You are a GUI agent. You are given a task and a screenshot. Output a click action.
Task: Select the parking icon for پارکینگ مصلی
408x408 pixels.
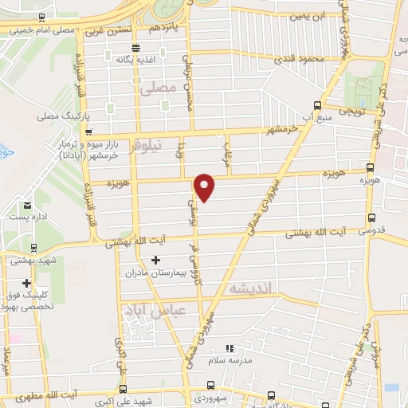click(92, 116)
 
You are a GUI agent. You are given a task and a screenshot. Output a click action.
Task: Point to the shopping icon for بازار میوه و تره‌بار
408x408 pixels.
click(88, 134)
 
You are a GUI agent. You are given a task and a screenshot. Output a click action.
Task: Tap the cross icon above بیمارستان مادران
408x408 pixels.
click(155, 259)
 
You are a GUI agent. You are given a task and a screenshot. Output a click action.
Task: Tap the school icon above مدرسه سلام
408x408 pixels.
click(230, 348)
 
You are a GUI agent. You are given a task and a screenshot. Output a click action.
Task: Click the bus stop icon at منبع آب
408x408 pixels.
click(318, 105)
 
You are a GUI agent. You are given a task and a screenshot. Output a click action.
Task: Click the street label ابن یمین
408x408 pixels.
click(308, 16)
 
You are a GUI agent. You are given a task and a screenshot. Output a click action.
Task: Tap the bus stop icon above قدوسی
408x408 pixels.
click(371, 218)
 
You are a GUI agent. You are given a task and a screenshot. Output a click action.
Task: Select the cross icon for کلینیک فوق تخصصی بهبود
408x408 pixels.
click(27, 283)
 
